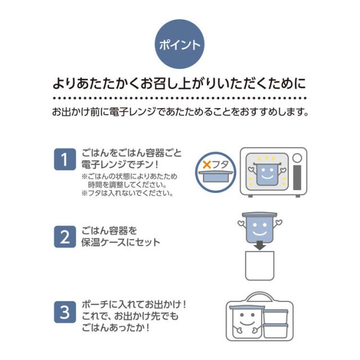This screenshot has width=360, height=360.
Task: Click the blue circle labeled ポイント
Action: click(179, 44)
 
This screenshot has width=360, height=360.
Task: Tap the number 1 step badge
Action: click(65, 159)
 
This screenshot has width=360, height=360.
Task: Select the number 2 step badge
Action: click(65, 236)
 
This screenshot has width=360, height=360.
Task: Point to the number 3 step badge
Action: click(65, 312)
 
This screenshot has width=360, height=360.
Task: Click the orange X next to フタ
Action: click(207, 164)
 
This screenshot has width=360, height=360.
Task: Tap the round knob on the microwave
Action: click(297, 157)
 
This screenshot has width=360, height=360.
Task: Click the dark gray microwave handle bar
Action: click(297, 178)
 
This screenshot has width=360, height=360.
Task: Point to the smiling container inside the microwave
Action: click(267, 173)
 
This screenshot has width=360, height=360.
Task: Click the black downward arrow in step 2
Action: click(260, 245)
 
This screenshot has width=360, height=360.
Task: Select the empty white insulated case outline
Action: click(260, 265)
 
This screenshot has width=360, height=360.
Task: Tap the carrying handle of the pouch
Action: click(260, 296)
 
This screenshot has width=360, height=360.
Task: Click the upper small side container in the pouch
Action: click(275, 316)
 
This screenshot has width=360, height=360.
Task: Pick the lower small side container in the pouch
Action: click(275, 331)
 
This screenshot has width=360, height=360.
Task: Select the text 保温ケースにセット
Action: click(120, 242)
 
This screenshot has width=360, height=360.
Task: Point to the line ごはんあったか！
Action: click(116, 327)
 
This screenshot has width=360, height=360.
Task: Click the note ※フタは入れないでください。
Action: click(128, 193)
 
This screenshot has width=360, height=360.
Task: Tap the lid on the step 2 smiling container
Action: click(260, 215)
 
